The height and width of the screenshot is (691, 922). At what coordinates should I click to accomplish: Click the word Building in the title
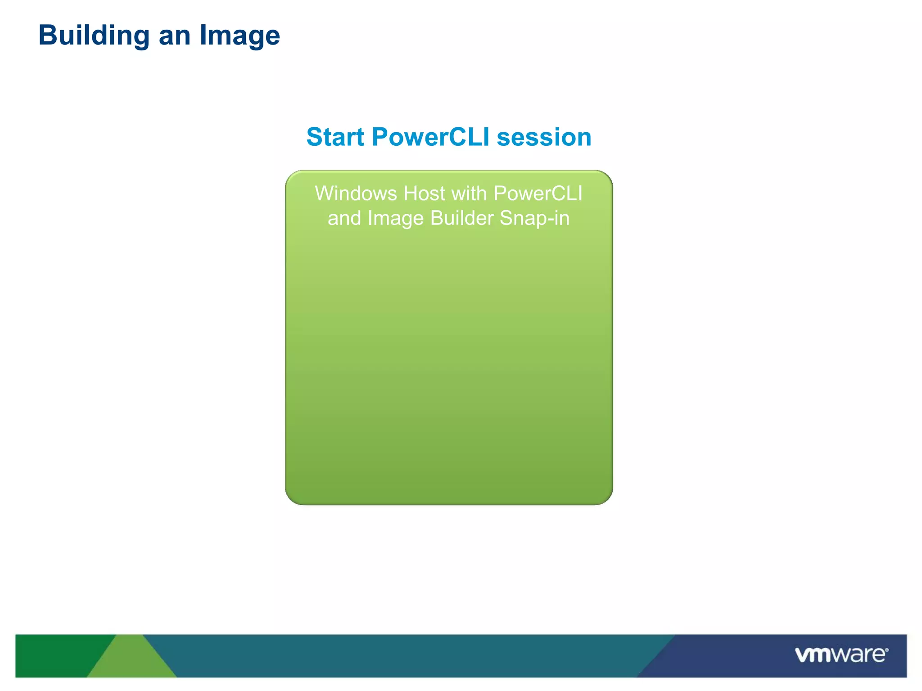[94, 36]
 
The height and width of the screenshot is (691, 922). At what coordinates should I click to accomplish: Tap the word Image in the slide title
[240, 36]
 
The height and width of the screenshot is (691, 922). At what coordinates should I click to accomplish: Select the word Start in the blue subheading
[335, 137]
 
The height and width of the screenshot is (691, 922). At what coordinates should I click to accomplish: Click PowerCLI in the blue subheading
[430, 137]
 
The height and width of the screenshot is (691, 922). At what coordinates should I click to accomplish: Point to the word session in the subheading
[544, 137]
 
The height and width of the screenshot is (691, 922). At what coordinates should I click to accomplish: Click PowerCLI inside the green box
[538, 193]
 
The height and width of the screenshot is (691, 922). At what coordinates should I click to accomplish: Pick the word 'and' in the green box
[344, 218]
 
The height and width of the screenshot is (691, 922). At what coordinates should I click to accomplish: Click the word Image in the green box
[395, 219]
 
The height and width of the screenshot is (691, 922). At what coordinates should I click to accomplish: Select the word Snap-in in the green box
[534, 219]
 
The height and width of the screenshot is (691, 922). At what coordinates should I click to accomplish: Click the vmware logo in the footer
[840, 655]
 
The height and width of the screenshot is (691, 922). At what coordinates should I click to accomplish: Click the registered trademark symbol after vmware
[886, 650]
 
